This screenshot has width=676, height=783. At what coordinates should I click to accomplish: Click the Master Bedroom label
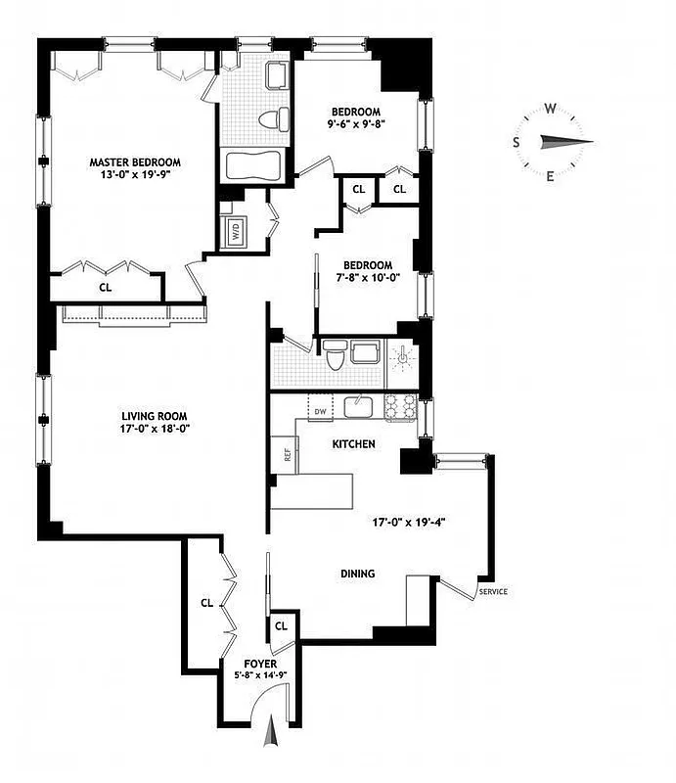pos(135,162)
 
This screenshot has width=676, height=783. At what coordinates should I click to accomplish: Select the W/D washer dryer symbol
pos(236,232)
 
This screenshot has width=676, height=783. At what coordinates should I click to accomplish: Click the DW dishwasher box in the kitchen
pos(318,411)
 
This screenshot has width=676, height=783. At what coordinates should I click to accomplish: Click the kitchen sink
pos(359,405)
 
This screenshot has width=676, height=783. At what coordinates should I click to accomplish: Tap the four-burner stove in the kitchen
pos(401,406)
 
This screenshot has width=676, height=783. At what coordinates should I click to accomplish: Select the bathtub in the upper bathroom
pos(253,165)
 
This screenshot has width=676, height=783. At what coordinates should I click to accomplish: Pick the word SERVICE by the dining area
pos(492,592)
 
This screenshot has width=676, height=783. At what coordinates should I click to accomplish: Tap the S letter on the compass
pos(517,142)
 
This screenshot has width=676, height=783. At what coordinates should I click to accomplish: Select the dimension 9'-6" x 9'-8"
pos(355,125)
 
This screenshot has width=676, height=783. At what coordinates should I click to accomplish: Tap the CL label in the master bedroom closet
pos(104,288)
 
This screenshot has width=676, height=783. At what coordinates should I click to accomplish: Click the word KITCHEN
pos(353,444)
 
